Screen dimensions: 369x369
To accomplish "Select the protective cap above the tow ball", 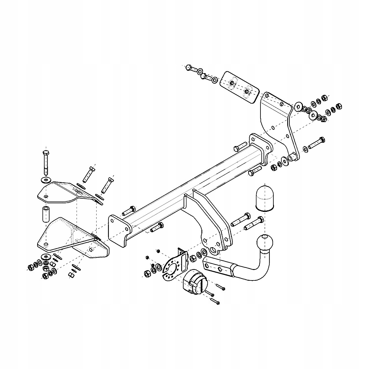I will coord(264,198).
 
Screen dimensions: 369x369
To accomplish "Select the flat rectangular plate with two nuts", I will coord(240,87).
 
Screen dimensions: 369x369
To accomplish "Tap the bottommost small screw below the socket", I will coord(215,301).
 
